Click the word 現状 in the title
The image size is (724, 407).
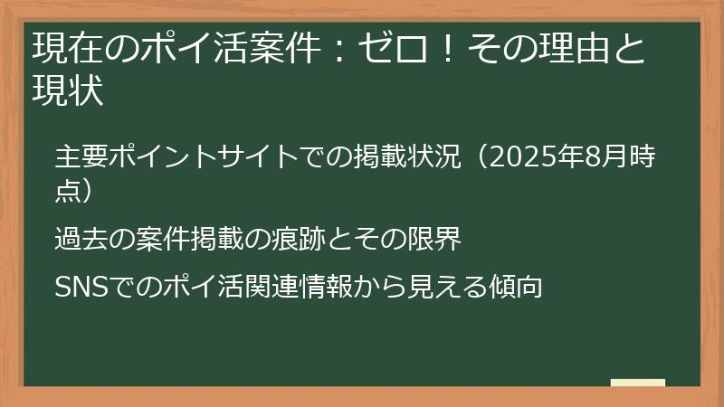(x=68, y=90)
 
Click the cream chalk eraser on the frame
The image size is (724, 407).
(x=638, y=383)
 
